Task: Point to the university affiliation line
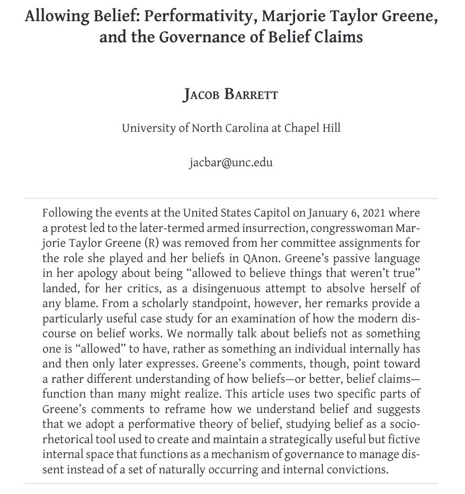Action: (231, 128)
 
